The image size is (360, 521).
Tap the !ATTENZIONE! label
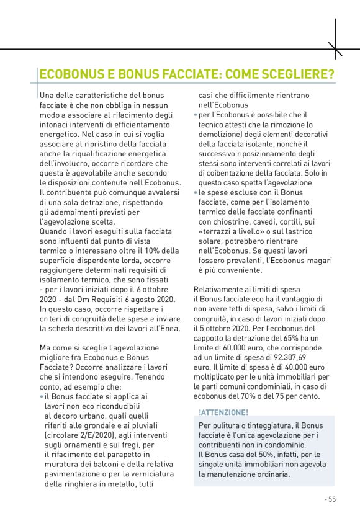pos(223,412)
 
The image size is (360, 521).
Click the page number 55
pos(331,499)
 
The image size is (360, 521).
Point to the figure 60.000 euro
pos(248,348)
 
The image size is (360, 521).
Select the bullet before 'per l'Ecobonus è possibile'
pos(196,115)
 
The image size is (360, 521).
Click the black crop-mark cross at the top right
pos(336,48)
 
